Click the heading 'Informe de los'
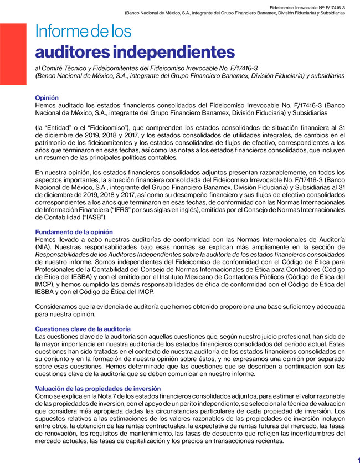click(83, 32)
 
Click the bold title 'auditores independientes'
click(135, 52)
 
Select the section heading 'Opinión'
click(47, 97)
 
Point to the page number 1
click(358, 461)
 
